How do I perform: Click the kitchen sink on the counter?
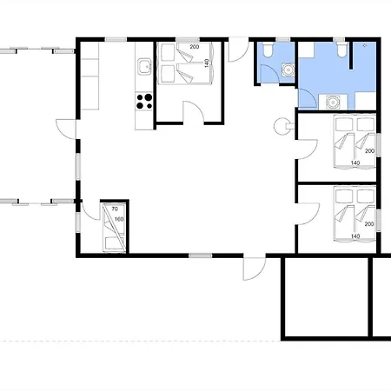click(144, 67)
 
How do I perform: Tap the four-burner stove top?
click(144, 102)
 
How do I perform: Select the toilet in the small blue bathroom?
click(267, 50)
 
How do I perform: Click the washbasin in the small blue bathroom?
click(288, 70)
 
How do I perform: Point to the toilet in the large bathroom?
click(342, 50)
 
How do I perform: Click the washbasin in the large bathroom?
click(333, 103)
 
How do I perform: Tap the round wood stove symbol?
click(282, 126)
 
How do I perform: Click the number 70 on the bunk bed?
click(115, 209)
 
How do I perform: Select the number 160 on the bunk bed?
click(119, 219)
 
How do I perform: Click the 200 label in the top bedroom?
click(195, 47)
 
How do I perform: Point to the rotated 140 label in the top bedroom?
click(207, 63)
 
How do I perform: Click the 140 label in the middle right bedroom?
click(355, 163)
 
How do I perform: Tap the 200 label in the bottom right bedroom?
click(369, 224)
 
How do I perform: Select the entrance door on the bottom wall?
click(255, 268)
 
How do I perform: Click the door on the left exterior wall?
click(66, 129)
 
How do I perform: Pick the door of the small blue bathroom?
click(270, 74)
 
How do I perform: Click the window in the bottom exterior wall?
click(201, 255)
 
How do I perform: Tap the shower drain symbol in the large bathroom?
click(365, 45)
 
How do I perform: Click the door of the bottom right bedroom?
click(308, 215)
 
